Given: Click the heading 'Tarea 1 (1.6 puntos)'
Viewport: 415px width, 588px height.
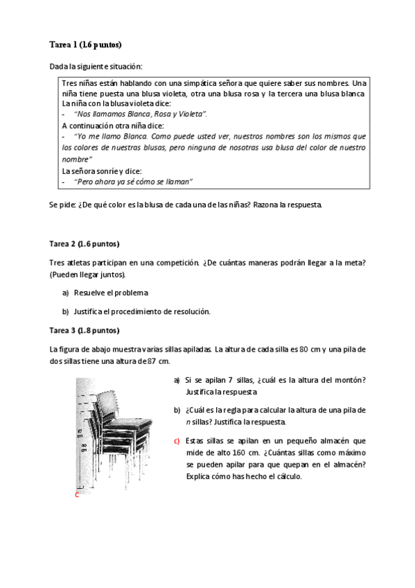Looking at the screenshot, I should [85, 45].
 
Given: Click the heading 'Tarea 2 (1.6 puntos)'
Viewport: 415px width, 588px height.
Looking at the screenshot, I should [84, 244].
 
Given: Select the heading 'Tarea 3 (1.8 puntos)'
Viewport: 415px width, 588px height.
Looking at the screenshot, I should [84, 329].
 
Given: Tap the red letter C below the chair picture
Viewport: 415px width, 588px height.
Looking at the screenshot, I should [77, 495].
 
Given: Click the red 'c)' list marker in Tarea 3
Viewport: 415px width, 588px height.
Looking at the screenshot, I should [177, 441].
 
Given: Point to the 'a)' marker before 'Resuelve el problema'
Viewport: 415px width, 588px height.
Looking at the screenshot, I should [66, 293].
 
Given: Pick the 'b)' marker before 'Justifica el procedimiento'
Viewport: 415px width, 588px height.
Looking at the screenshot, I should [66, 311].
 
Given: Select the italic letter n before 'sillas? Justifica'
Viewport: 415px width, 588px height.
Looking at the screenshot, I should [187, 422].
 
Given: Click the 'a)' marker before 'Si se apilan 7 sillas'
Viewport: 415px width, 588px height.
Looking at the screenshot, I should [177, 380].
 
